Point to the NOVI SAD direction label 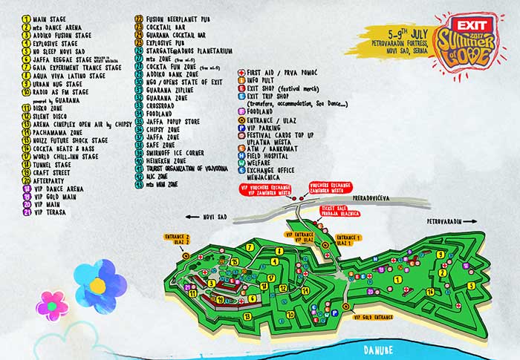[x=214, y=217]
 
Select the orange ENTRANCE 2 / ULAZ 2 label [x=178, y=238]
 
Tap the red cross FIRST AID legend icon [x=241, y=73]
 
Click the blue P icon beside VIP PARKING [x=241, y=127]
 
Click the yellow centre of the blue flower [x=97, y=284]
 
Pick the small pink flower [x=52, y=306]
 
